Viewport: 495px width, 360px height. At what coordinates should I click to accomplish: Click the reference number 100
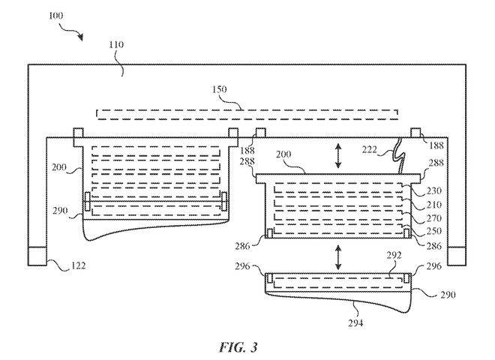(56, 16)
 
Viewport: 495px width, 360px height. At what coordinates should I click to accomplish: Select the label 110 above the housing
(116, 44)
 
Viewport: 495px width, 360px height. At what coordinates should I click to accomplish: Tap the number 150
(219, 90)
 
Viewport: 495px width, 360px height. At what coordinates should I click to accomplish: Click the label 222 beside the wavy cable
(369, 149)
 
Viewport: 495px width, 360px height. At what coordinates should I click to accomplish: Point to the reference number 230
(434, 191)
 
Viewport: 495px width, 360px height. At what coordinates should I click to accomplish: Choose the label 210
(434, 205)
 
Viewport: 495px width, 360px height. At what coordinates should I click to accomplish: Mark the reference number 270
(434, 218)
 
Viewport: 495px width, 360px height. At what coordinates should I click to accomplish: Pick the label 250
(434, 231)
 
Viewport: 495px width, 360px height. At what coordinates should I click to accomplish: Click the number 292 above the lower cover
(394, 255)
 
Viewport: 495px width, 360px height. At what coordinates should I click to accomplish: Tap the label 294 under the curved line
(355, 323)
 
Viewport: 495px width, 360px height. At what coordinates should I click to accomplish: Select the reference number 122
(78, 266)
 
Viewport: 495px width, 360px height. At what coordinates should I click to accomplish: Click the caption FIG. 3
(238, 347)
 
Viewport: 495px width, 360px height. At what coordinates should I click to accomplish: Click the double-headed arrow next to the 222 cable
(338, 156)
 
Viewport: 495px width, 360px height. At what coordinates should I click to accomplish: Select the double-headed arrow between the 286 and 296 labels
(338, 257)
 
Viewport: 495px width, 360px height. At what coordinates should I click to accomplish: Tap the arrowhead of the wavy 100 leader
(81, 37)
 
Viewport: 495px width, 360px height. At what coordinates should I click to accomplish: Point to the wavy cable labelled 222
(398, 156)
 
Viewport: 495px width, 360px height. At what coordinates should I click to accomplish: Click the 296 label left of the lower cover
(242, 266)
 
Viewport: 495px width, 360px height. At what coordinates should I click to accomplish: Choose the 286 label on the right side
(434, 246)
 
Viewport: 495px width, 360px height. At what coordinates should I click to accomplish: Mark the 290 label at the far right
(448, 295)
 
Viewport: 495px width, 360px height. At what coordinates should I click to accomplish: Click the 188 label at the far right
(436, 145)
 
